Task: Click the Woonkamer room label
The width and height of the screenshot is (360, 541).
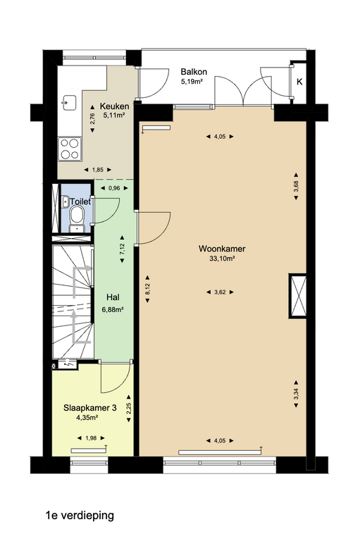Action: click(222, 249)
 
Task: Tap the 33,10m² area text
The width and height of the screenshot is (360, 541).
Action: click(223, 259)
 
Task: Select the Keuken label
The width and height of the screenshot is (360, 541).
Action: click(115, 106)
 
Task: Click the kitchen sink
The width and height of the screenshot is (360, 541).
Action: click(68, 102)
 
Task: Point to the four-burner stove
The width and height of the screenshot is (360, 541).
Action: click(70, 149)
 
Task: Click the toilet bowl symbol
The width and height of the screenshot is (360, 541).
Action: click(76, 218)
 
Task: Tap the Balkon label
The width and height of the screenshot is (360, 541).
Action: click(194, 72)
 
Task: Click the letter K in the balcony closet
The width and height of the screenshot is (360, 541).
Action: click(299, 82)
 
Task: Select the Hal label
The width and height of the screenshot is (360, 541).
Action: click(113, 297)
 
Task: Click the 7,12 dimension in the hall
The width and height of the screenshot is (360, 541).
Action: click(122, 249)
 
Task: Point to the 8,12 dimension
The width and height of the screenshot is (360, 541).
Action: click(147, 289)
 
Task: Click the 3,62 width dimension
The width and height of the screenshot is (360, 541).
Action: click(220, 292)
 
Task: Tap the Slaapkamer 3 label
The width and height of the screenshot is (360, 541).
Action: click(89, 408)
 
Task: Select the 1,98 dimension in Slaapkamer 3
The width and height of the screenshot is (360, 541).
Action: click(91, 438)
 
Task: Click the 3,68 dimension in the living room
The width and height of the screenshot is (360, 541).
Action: click(296, 186)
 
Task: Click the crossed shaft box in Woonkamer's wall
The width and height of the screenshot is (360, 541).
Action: click(297, 296)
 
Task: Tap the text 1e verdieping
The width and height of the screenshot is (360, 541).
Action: click(80, 516)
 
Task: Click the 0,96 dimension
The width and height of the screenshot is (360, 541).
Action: click(114, 188)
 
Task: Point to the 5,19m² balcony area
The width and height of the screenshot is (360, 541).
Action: click(192, 82)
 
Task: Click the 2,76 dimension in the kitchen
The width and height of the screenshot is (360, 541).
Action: click(92, 118)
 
